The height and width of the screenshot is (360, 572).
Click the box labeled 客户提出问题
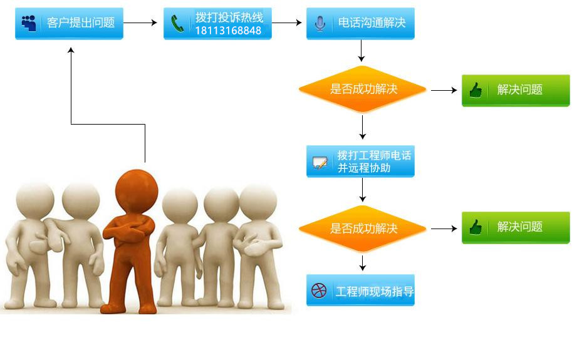[x=69, y=23]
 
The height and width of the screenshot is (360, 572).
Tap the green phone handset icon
[x=177, y=24]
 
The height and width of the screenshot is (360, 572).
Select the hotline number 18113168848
[x=229, y=31]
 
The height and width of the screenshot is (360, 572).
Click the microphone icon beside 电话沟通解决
[x=320, y=24]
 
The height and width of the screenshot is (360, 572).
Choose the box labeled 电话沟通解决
[x=360, y=23]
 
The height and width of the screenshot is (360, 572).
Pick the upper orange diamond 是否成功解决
[x=362, y=89]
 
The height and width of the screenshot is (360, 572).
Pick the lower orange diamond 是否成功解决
[x=362, y=229]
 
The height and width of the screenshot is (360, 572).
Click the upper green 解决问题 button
[x=516, y=90]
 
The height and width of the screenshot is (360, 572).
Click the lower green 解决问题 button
[x=516, y=227]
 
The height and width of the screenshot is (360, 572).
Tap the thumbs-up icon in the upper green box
[x=476, y=90]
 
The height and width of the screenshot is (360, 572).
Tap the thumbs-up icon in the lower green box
[x=476, y=227]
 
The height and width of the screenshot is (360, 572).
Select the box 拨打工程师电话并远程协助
[x=360, y=161]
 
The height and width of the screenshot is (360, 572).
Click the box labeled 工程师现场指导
[x=360, y=290]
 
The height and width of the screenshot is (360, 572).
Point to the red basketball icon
[x=319, y=291]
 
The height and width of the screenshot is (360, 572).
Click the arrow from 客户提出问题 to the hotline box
[x=140, y=23]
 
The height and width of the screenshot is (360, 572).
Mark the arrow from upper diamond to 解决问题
[x=444, y=90]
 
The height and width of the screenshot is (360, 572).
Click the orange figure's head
[x=137, y=192]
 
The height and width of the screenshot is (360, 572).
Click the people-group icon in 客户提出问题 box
[x=29, y=23]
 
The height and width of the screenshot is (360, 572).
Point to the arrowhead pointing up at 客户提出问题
[x=71, y=50]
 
